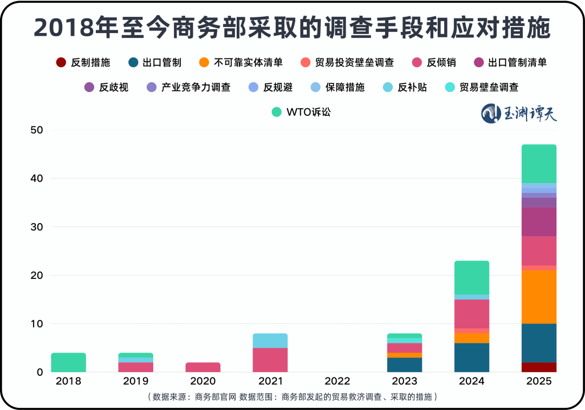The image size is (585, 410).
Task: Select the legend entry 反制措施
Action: (x=83, y=62)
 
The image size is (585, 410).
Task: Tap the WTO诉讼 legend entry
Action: (x=301, y=112)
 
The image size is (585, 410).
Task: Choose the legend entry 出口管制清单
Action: (x=510, y=62)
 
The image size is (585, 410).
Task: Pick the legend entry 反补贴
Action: (x=404, y=87)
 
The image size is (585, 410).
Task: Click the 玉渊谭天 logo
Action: (x=519, y=113)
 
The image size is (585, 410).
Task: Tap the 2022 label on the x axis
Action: (x=337, y=381)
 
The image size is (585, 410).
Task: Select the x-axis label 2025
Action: (x=539, y=381)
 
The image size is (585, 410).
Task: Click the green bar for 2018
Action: (x=69, y=362)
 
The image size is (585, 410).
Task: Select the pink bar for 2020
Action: (x=203, y=367)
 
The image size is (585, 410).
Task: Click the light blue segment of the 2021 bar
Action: (x=270, y=341)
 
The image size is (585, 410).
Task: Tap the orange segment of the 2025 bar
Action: (x=539, y=297)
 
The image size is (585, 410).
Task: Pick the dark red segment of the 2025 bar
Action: (x=539, y=367)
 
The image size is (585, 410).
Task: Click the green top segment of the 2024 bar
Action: (x=472, y=277)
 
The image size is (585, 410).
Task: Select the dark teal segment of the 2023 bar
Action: (x=405, y=365)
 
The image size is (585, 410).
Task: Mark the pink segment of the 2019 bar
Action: (x=136, y=367)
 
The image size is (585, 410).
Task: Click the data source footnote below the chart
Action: (x=292, y=397)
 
